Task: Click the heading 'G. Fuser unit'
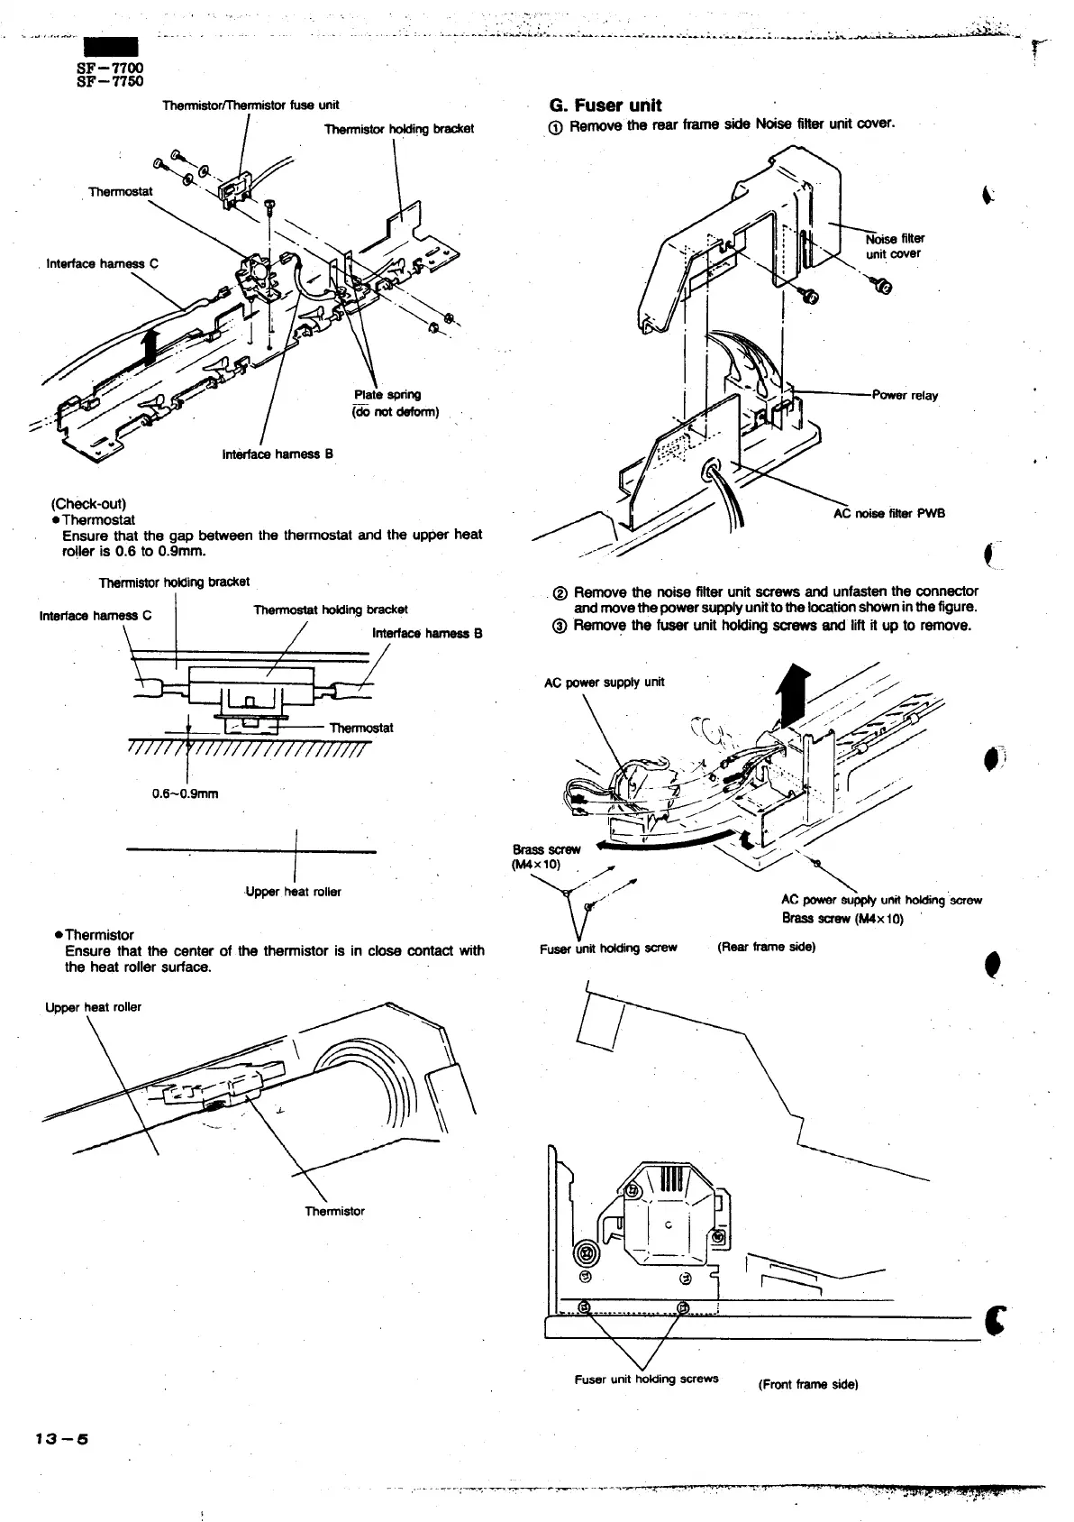[605, 105]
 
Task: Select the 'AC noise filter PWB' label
[887, 514]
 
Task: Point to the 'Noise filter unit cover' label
[894, 246]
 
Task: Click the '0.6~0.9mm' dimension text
[185, 793]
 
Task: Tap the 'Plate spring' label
[387, 394]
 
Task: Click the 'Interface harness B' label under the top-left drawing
[278, 454]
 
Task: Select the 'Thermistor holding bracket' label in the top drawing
[398, 129]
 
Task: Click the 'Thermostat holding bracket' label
[331, 610]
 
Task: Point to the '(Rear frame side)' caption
[766, 947]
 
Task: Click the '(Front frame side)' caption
[807, 1384]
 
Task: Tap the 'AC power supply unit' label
[604, 682]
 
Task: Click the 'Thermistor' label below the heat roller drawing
[334, 1211]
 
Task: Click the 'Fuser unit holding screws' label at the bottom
[646, 1379]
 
